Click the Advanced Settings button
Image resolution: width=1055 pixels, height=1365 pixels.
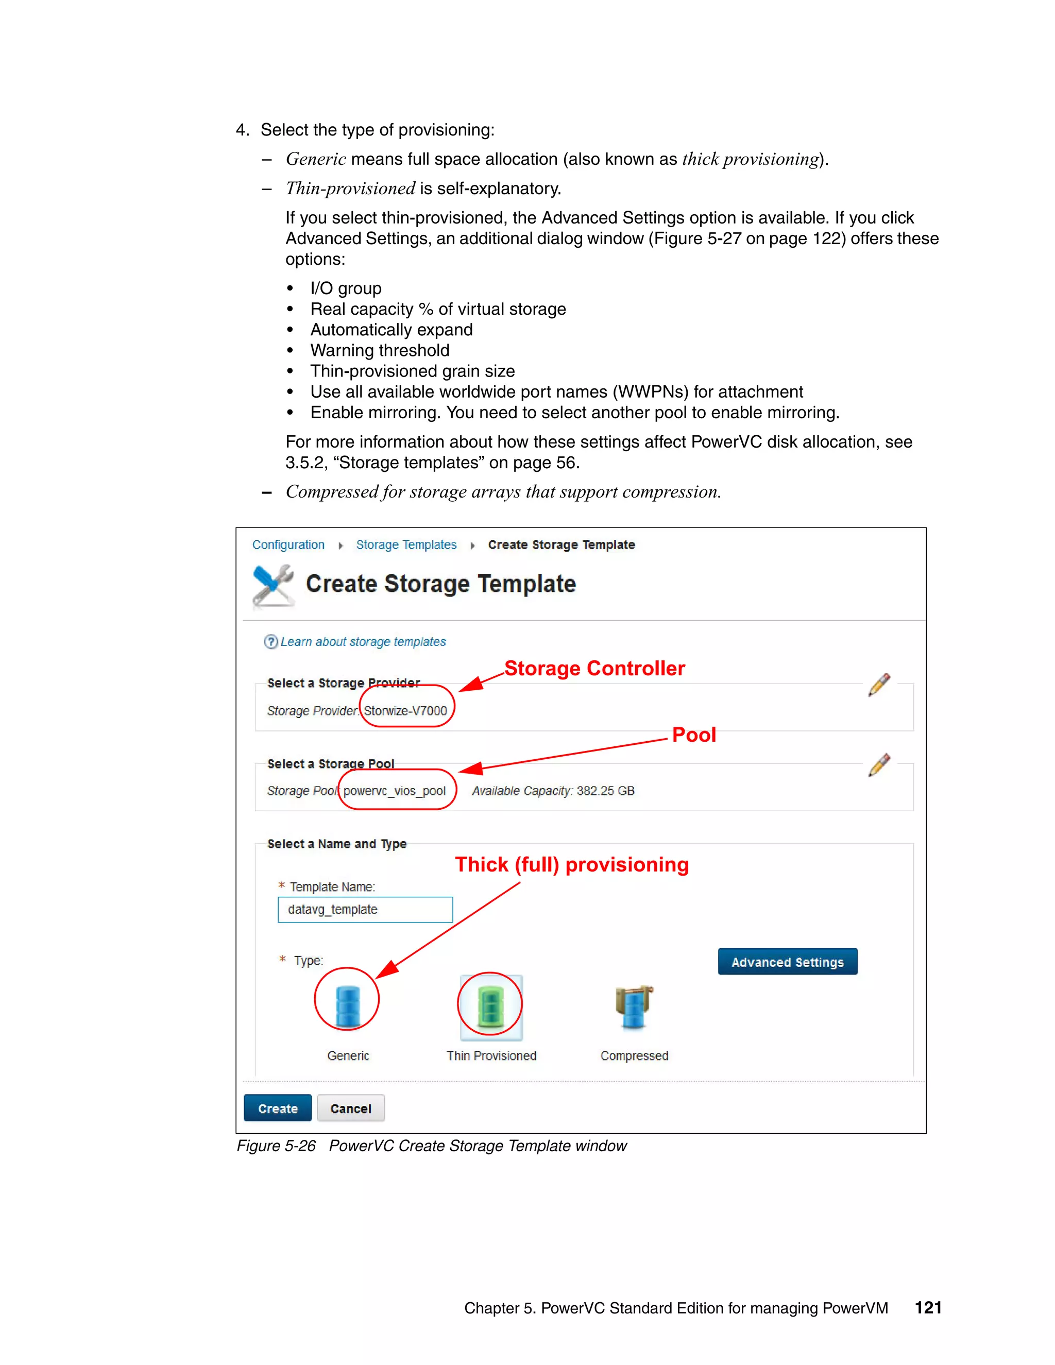[x=787, y=962]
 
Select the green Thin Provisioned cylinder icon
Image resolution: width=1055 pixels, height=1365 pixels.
[x=490, y=1006]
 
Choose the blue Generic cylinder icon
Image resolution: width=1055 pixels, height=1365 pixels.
[x=348, y=1006]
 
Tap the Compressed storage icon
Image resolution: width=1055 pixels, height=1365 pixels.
[x=634, y=1006]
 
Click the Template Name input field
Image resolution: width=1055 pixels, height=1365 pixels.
[x=365, y=909]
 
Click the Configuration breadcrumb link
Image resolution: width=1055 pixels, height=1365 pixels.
[x=288, y=545]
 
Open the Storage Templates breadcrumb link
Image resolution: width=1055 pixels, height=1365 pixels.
[x=406, y=545]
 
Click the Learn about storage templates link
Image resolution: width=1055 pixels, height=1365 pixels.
[x=363, y=642]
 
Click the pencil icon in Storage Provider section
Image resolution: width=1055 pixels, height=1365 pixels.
[x=879, y=685]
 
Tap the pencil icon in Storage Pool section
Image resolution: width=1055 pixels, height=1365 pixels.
[x=879, y=765]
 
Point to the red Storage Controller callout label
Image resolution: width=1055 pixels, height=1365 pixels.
[x=594, y=669]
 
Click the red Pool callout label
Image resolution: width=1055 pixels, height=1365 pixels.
[x=694, y=735]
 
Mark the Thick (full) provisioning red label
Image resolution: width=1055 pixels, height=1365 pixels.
[x=571, y=864]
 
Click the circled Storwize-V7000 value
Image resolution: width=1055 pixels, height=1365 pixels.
[x=405, y=711]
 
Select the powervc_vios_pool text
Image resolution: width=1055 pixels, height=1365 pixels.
[x=395, y=791]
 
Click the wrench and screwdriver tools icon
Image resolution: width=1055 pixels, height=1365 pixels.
[x=273, y=586]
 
